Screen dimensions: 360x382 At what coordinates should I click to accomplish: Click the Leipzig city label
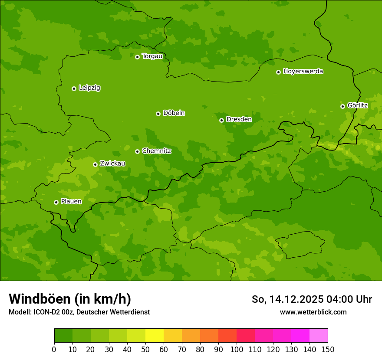89,88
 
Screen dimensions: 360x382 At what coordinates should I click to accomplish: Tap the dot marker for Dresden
221,120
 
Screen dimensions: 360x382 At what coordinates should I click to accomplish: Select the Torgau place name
152,56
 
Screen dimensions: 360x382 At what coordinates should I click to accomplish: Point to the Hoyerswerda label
303,72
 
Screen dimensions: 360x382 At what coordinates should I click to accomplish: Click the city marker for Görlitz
342,106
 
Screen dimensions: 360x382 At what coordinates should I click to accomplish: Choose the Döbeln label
174,113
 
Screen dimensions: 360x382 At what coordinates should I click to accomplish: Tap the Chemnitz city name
156,151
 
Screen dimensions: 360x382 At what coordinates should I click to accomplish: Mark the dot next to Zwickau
95,164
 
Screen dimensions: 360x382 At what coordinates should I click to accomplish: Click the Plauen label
71,202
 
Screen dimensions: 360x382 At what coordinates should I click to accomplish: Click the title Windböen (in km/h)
70,299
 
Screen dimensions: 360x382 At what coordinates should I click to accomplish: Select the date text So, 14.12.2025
286,299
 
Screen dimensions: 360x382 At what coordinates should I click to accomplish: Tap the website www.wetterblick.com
313,312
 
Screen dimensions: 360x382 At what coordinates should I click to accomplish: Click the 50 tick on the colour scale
145,349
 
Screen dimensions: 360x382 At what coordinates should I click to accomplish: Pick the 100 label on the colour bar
237,349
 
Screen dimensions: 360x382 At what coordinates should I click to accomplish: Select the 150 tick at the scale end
328,349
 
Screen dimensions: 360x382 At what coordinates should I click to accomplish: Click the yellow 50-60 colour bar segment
155,336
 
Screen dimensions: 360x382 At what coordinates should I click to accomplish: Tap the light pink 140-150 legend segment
319,336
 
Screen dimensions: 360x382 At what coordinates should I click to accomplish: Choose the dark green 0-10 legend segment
63,336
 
